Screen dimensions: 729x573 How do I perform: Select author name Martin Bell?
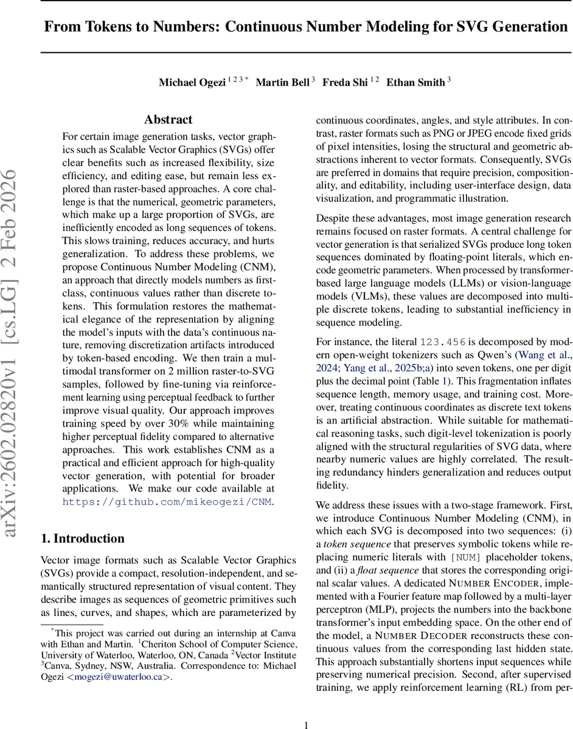(282, 83)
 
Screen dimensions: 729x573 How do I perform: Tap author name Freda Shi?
(345, 83)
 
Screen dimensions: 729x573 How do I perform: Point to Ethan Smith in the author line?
(415, 83)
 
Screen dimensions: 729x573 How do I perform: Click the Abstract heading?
(168, 120)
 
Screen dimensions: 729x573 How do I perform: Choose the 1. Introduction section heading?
(82, 538)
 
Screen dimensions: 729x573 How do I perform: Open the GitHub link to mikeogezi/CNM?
(168, 502)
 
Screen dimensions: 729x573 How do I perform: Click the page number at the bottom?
(307, 724)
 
